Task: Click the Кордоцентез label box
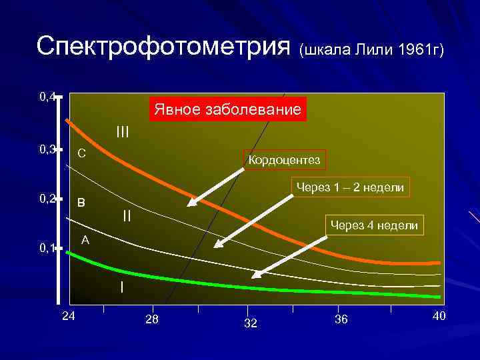click(284, 160)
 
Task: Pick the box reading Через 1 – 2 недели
click(350, 188)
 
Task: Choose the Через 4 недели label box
click(374, 226)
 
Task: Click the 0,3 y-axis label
click(47, 149)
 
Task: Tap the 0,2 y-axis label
click(47, 199)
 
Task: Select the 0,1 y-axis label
click(47, 249)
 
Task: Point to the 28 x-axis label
click(152, 320)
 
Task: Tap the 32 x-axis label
click(251, 323)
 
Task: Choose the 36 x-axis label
click(340, 320)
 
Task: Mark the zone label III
click(123, 131)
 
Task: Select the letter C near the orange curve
click(81, 153)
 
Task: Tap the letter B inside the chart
click(81, 202)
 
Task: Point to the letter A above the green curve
click(85, 239)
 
